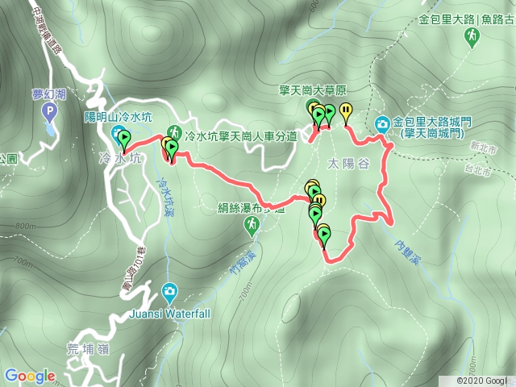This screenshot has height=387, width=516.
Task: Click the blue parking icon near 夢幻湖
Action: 49,110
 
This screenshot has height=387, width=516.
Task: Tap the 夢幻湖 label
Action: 48,94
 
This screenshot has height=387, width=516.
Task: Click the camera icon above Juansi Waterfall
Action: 170,291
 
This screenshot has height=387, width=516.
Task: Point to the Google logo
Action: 30,375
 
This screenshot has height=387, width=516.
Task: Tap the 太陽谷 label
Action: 346,164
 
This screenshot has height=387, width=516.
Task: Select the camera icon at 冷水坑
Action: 118,132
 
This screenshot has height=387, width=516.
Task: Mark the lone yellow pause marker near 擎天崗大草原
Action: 346,111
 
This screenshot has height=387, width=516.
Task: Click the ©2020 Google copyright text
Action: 482,380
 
